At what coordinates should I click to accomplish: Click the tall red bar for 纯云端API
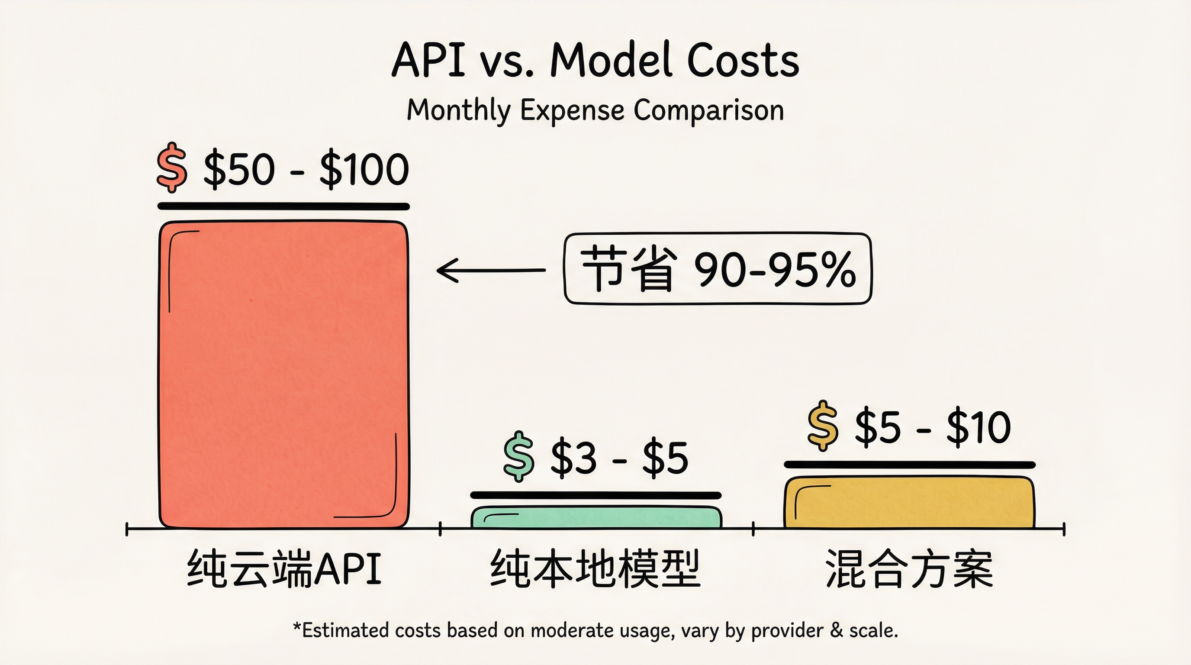[284, 374]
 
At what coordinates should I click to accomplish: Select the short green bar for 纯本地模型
[596, 517]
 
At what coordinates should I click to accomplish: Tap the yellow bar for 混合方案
[909, 502]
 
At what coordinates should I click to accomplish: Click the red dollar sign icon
[172, 168]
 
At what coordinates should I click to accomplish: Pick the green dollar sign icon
[519, 456]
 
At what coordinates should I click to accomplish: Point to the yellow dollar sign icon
[823, 426]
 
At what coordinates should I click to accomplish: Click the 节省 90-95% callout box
[718, 269]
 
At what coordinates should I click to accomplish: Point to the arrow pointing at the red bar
[491, 270]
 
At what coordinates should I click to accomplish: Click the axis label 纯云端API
[284, 568]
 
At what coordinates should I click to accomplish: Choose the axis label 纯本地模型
[595, 568]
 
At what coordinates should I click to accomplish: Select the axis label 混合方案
[909, 568]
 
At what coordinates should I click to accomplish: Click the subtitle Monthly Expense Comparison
[595, 111]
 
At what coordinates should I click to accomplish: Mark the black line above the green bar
[596, 495]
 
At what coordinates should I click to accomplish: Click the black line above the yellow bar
[909, 465]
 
